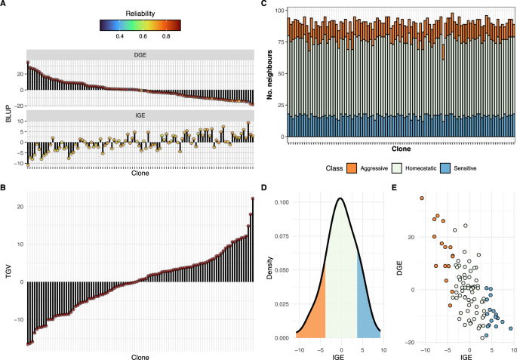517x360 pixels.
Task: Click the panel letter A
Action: coord(4,5)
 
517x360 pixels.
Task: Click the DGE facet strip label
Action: coord(140,54)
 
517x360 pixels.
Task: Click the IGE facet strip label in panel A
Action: coord(140,115)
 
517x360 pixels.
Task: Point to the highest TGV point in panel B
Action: coord(253,198)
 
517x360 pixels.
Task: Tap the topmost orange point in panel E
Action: coord(422,198)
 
